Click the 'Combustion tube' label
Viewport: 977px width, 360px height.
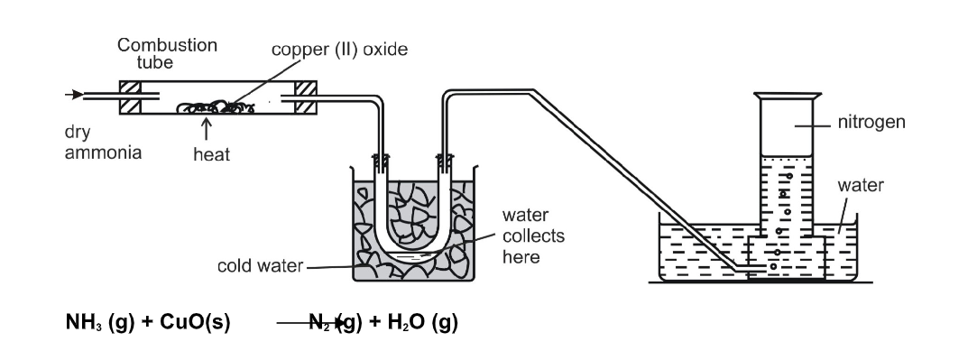click(x=167, y=53)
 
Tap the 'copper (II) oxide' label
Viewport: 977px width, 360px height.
click(x=339, y=50)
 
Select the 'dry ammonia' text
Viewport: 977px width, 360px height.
click(x=103, y=142)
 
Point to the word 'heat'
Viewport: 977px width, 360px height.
click(x=211, y=154)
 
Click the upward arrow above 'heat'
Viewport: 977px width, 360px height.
click(x=206, y=129)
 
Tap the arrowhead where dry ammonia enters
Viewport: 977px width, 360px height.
click(x=78, y=95)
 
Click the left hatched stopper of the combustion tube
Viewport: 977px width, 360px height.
click(x=130, y=97)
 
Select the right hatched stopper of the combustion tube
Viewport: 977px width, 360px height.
click(x=305, y=97)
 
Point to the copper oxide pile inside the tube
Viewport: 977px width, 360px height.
click(x=216, y=107)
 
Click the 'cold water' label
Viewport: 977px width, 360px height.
click(x=260, y=266)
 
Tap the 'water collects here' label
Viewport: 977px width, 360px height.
click(x=533, y=236)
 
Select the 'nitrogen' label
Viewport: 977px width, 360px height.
click(x=871, y=122)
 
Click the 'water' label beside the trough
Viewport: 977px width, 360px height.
click(x=861, y=185)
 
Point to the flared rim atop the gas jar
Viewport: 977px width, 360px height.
click(x=787, y=96)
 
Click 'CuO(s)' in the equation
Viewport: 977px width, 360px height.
click(x=195, y=322)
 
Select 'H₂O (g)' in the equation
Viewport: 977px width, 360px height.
click(x=422, y=322)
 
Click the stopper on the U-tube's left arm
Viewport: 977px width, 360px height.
click(x=381, y=163)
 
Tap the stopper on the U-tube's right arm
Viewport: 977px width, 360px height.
click(x=446, y=163)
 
